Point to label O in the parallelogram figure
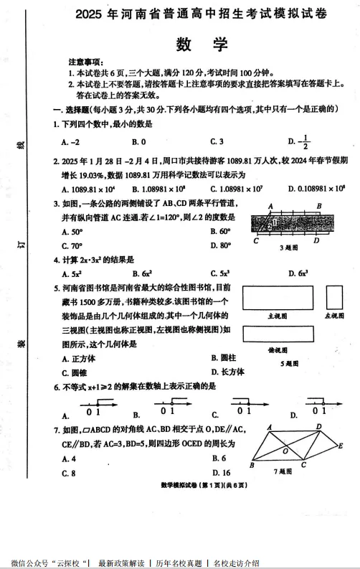point(285,451)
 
